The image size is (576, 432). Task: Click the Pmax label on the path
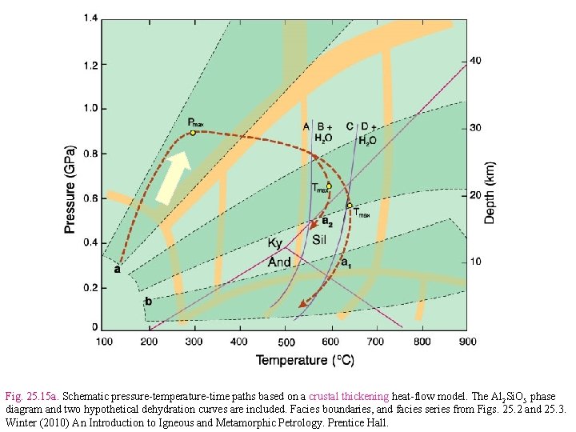pyautogui.click(x=195, y=122)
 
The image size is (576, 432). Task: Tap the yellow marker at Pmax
pyautogui.click(x=193, y=133)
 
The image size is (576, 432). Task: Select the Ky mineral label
pyautogui.click(x=275, y=243)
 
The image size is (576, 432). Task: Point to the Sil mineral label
pyautogui.click(x=319, y=240)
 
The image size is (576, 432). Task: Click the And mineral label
pyautogui.click(x=279, y=262)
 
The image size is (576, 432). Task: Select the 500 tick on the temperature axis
pyautogui.click(x=286, y=342)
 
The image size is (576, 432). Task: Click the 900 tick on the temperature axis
pyautogui.click(x=466, y=342)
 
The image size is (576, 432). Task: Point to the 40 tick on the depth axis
pyautogui.click(x=475, y=61)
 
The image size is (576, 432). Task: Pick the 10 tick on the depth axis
pyautogui.click(x=475, y=262)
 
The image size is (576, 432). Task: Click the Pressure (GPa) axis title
pyautogui.click(x=70, y=190)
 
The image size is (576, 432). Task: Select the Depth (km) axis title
pyautogui.click(x=490, y=193)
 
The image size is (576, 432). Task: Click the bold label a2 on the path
pyautogui.click(x=326, y=222)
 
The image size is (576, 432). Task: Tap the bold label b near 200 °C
pyautogui.click(x=147, y=302)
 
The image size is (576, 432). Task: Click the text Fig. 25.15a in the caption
pyautogui.click(x=31, y=396)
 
